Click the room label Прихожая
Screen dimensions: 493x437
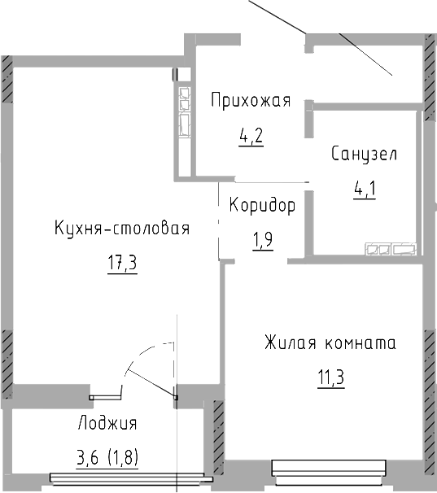(x=250, y=101)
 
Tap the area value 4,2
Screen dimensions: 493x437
(x=250, y=135)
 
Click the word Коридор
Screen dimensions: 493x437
(x=261, y=205)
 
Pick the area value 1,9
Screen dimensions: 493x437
(x=262, y=240)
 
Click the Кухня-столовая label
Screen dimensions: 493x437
(x=122, y=229)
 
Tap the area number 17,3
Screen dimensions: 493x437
(x=121, y=264)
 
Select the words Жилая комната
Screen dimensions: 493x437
(x=330, y=343)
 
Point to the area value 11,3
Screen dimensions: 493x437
(x=329, y=377)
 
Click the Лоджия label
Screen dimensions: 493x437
(x=107, y=423)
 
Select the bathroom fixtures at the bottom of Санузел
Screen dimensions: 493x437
(x=391, y=249)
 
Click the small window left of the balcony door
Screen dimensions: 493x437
(x=104, y=396)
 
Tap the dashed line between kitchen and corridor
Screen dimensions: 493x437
(x=219, y=220)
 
